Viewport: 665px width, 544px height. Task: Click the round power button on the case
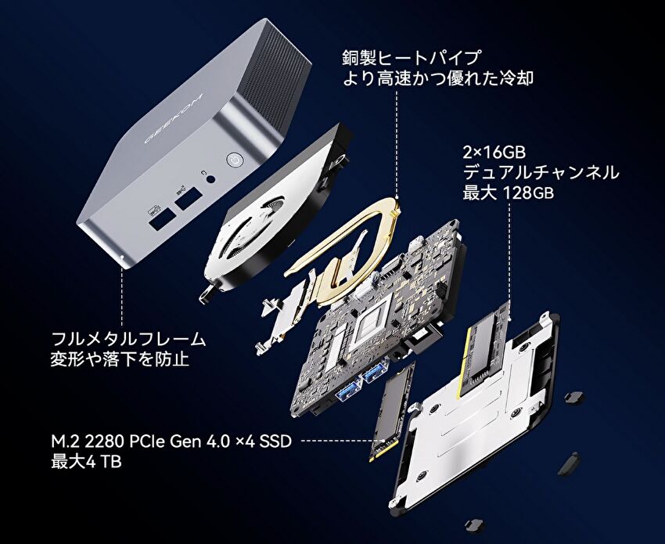(234, 161)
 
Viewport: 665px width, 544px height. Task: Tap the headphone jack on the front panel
(210, 178)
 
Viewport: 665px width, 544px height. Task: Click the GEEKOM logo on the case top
(173, 117)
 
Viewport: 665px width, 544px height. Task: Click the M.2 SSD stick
(391, 412)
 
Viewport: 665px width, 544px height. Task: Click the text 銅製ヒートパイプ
(412, 58)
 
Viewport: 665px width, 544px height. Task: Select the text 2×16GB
(494, 152)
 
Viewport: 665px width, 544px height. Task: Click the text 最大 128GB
(508, 193)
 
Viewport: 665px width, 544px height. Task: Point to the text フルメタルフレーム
(128, 340)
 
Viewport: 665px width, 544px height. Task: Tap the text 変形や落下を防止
(120, 359)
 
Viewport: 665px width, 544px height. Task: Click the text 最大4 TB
(86, 461)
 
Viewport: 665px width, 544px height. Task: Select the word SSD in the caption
(275, 441)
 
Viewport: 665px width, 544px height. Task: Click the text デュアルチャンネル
(541, 172)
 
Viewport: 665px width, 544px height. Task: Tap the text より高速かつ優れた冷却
(437, 78)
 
